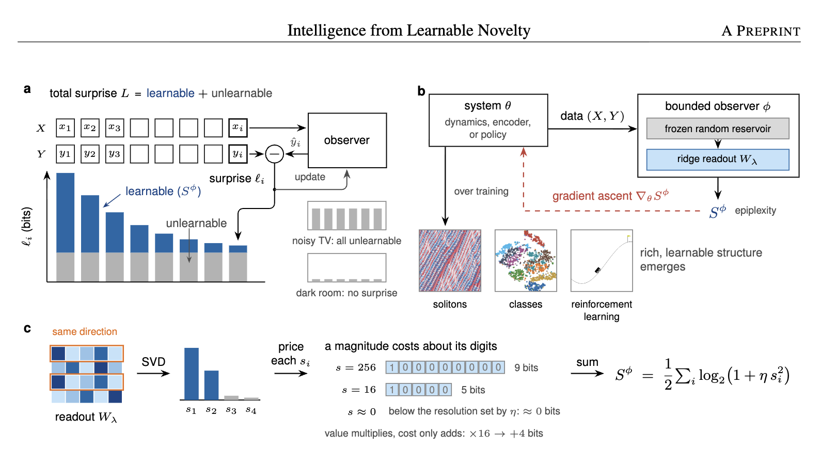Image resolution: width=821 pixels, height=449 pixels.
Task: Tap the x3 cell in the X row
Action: click(x=114, y=128)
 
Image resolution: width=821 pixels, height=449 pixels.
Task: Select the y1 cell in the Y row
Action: click(x=65, y=154)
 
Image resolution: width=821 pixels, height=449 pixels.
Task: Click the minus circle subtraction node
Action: click(x=275, y=154)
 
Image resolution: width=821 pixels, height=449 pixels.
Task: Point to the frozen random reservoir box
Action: click(x=718, y=129)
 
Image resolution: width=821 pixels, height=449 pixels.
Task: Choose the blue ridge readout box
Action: click(x=718, y=159)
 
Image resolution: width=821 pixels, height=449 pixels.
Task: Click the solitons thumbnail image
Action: click(x=450, y=261)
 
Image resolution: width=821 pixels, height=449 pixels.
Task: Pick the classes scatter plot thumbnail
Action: click(x=526, y=261)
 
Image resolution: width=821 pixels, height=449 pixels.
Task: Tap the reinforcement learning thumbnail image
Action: click(x=602, y=261)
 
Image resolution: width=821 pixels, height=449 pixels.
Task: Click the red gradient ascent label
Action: click(x=611, y=196)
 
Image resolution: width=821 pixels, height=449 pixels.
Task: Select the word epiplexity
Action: click(x=755, y=211)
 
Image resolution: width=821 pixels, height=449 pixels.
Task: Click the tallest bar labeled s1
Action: click(x=192, y=374)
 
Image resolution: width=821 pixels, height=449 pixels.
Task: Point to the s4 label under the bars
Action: click(x=251, y=409)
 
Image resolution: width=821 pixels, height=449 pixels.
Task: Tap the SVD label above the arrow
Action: click(x=153, y=362)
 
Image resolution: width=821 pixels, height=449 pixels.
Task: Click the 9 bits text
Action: click(x=526, y=367)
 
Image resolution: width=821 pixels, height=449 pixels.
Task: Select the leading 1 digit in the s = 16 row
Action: click(x=392, y=390)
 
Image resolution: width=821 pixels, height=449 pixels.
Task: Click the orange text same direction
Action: click(x=85, y=331)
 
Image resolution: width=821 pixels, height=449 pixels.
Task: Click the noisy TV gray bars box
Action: click(x=346, y=215)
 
